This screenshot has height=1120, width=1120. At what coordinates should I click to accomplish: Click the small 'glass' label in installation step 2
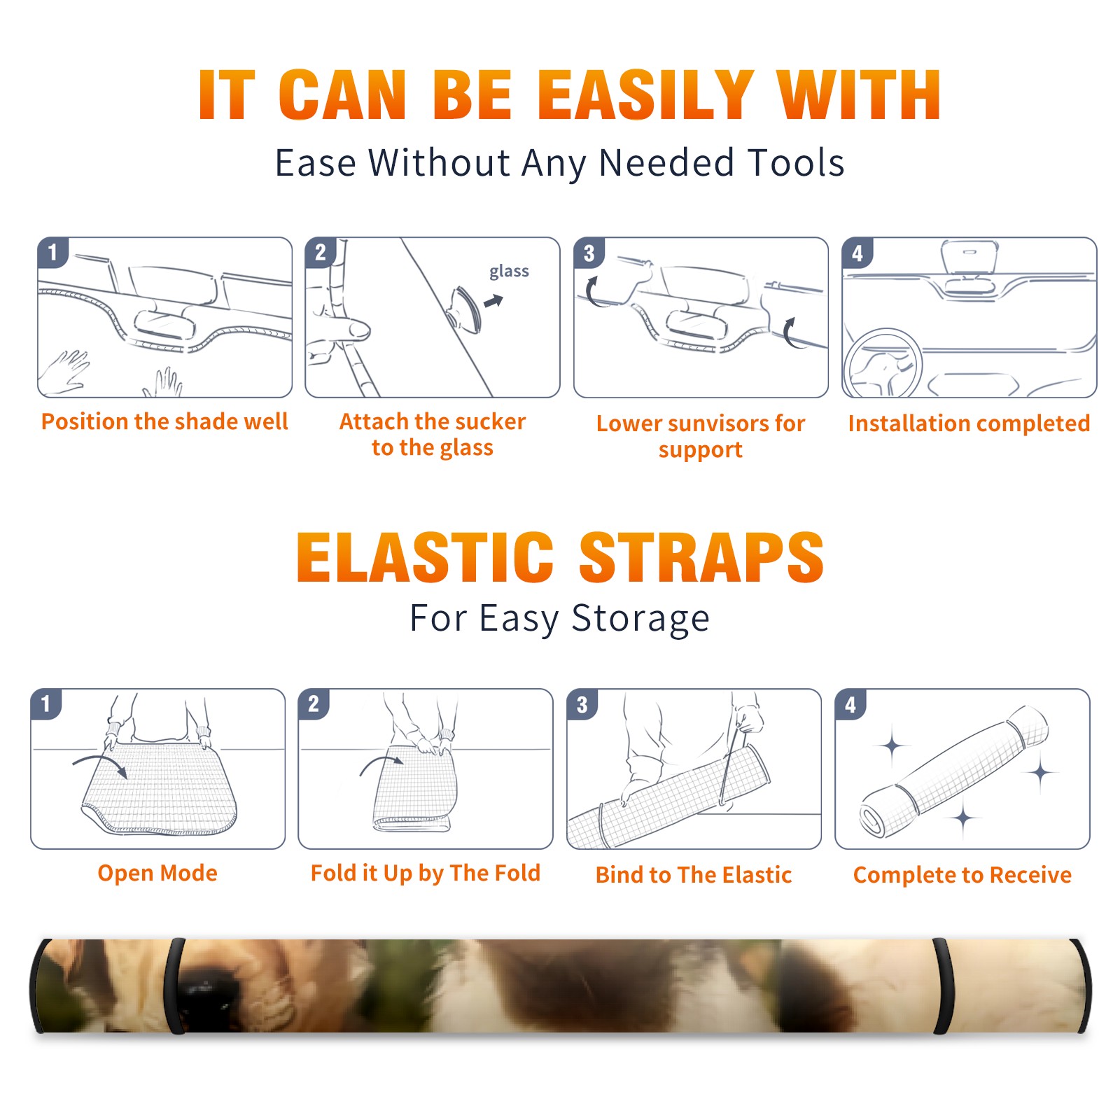[509, 272]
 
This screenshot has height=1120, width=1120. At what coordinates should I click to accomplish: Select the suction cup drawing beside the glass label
[466, 309]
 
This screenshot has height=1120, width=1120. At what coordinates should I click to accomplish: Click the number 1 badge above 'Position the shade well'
[53, 252]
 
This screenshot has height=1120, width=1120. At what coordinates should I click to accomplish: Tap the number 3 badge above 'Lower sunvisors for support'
[589, 253]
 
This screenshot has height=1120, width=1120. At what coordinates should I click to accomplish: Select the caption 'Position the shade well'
[164, 421]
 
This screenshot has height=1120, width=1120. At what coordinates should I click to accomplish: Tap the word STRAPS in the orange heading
[701, 557]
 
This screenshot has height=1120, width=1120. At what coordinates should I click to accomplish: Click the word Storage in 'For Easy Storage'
[640, 619]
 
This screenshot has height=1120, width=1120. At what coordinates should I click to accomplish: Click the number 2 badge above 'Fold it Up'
[314, 703]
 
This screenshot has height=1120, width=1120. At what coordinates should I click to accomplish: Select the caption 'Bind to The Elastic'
[694, 875]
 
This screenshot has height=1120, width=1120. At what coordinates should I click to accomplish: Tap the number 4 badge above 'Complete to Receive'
[850, 704]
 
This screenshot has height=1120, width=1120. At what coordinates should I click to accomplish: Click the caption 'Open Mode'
[157, 873]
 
